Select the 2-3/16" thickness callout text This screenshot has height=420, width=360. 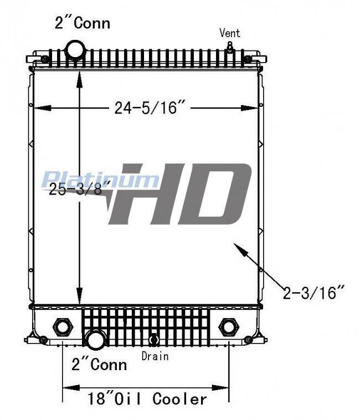[x=313, y=293]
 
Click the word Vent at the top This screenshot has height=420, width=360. [x=230, y=33]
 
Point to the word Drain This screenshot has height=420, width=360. [x=155, y=356]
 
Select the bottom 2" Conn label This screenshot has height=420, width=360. [x=99, y=365]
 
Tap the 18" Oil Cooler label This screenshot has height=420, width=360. [x=147, y=399]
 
